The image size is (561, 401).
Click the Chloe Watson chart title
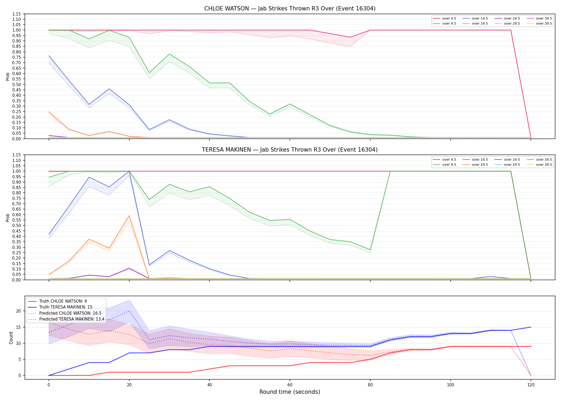pos(290,9)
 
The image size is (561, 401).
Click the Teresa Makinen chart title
pos(290,150)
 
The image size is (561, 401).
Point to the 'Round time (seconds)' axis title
pos(290,392)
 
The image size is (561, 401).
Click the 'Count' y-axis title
pos(11,338)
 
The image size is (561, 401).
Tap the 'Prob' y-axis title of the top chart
pos(8,76)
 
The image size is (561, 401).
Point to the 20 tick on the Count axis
pos(19,311)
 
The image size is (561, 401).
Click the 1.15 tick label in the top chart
pos(17,14)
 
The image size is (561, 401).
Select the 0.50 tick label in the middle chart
pos(17,225)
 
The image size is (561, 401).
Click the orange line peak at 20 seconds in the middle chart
pos(129,216)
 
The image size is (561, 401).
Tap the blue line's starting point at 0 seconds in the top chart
pos(49,56)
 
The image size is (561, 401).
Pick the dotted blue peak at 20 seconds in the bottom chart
pos(129,311)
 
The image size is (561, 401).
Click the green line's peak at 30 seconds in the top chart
pos(169,54)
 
